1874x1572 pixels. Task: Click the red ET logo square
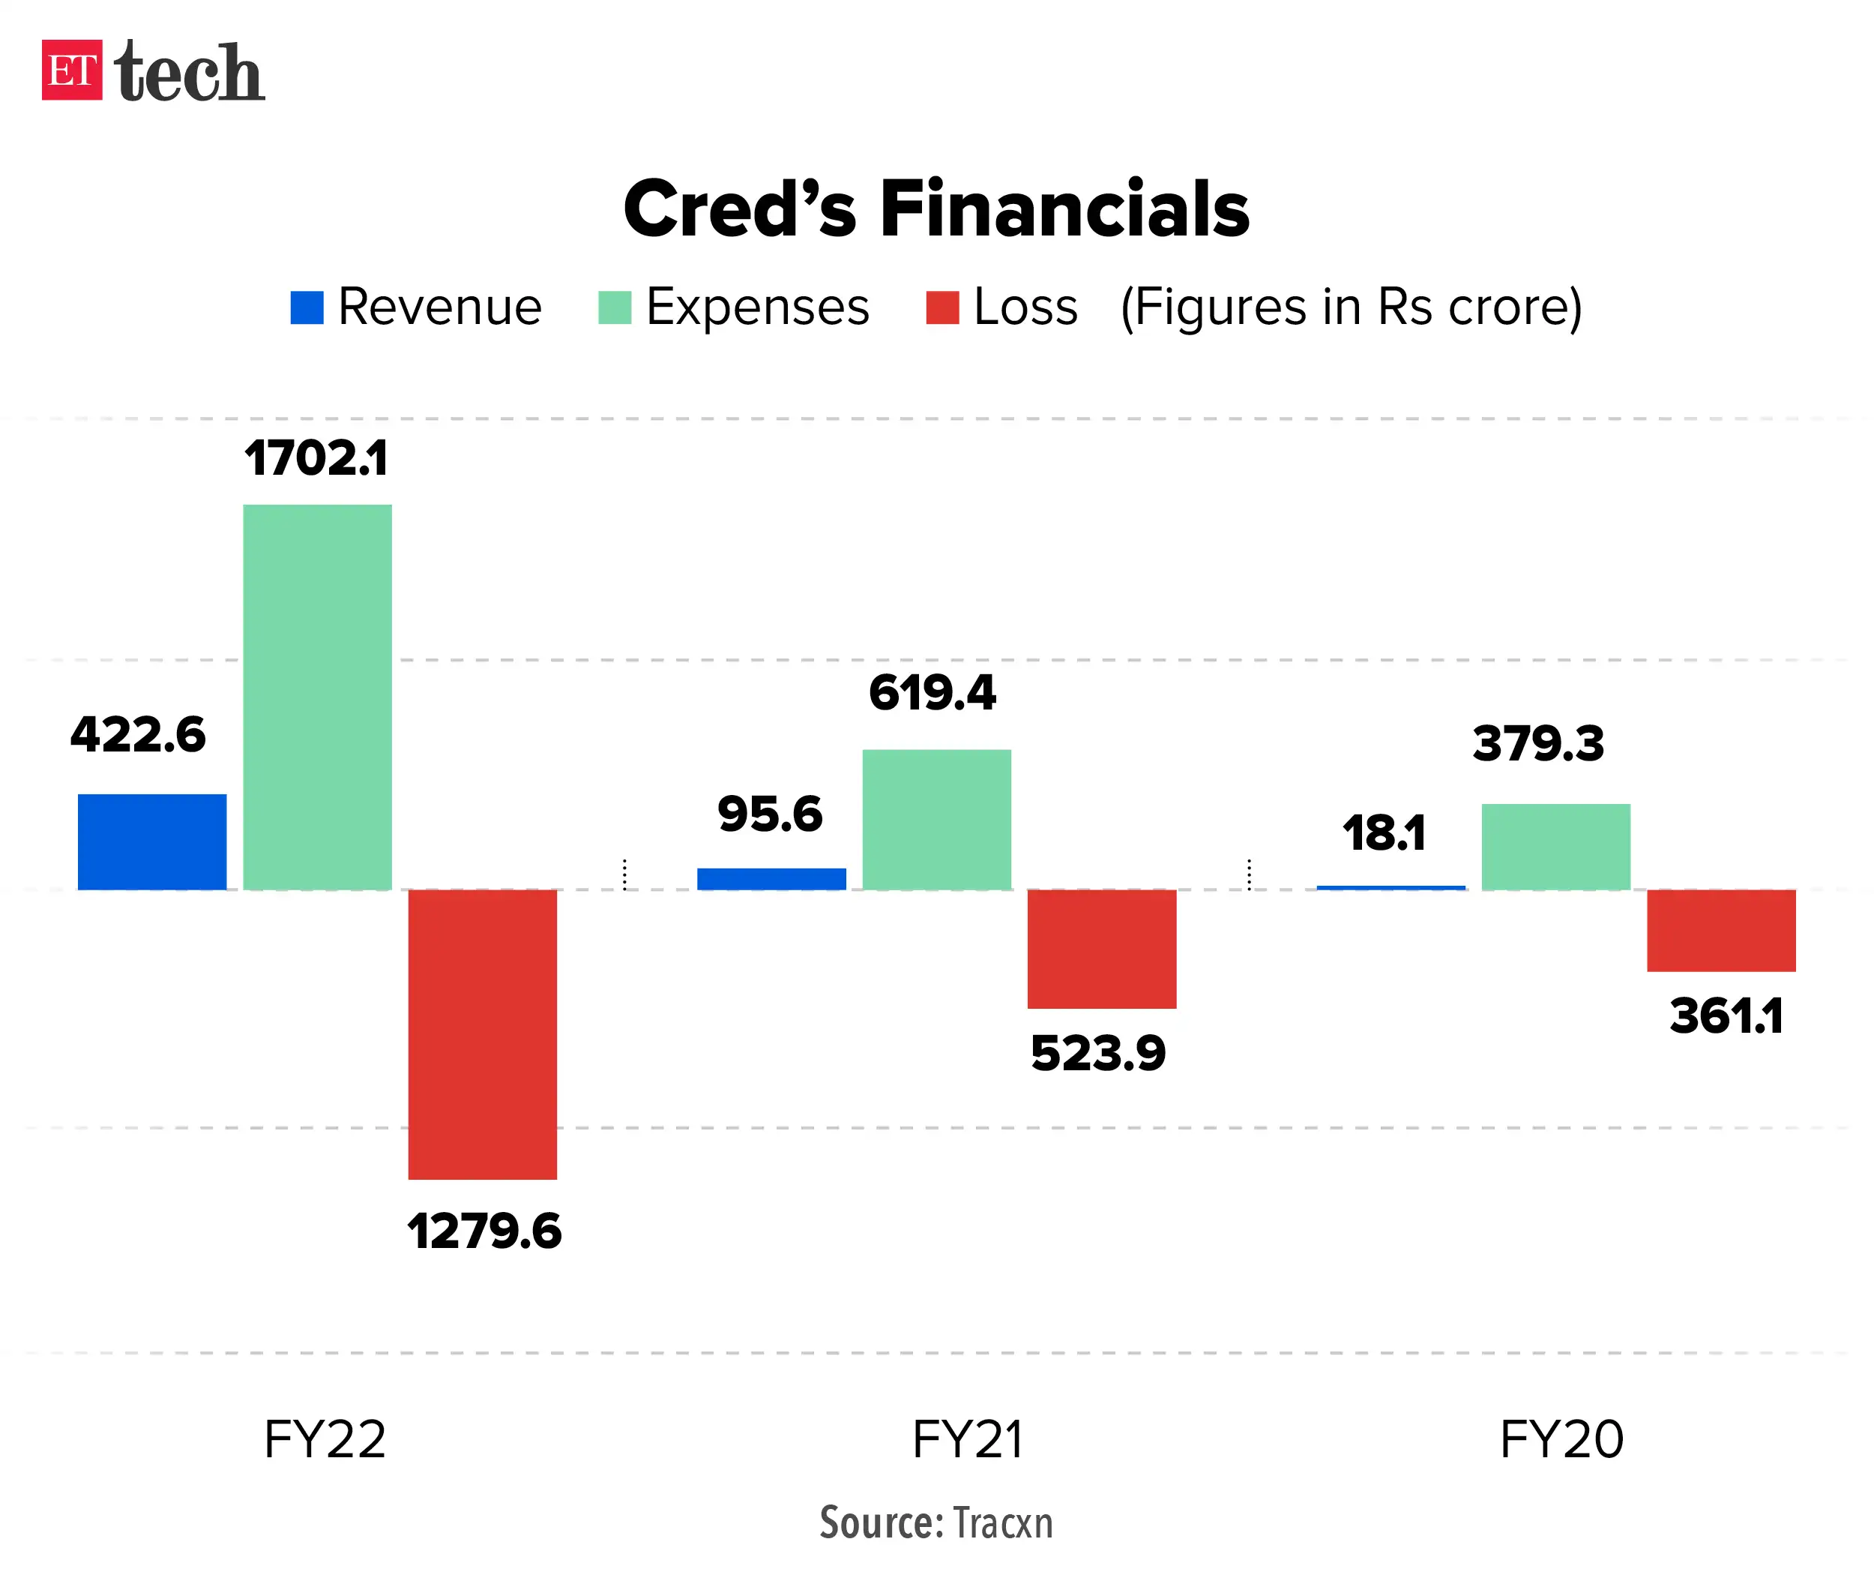coord(71,70)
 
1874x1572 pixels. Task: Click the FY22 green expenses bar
coord(317,696)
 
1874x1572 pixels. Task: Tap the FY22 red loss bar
coord(482,1033)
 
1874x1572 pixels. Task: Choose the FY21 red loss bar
coord(1101,948)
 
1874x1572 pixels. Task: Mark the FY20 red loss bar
coord(1720,929)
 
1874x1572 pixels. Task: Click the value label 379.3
coord(1537,743)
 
